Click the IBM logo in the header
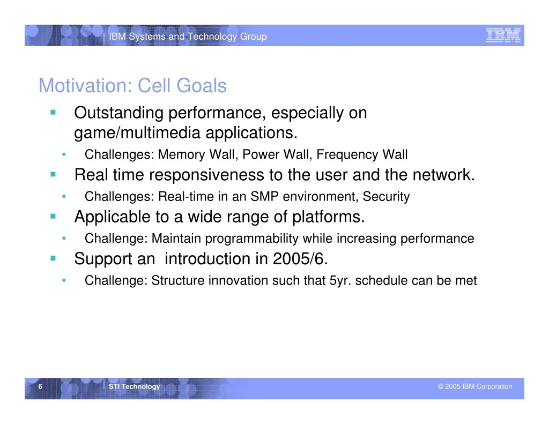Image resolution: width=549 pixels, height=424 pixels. (503, 35)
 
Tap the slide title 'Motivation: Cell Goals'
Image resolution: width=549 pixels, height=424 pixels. (133, 85)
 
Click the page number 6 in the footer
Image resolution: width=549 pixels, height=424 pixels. (40, 386)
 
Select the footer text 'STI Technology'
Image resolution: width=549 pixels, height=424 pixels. (134, 386)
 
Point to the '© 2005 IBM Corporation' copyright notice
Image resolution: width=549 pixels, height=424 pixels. (475, 386)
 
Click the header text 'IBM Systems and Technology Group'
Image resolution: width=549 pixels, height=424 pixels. (188, 36)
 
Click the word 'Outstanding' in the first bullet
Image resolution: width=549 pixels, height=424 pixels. (118, 113)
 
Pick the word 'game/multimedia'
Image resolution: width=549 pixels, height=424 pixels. (137, 133)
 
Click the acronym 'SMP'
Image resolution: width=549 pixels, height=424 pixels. (264, 196)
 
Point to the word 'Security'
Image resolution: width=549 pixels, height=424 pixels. (386, 197)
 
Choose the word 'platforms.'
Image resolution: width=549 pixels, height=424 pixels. (329, 217)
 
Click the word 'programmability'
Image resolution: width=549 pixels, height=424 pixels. (252, 239)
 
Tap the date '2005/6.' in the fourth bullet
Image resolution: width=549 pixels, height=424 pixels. (300, 259)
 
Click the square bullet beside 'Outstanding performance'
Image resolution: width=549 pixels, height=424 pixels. (53, 113)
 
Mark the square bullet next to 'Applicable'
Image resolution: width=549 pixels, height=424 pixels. (53, 217)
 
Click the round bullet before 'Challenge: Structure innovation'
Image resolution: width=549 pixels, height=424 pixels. (64, 280)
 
